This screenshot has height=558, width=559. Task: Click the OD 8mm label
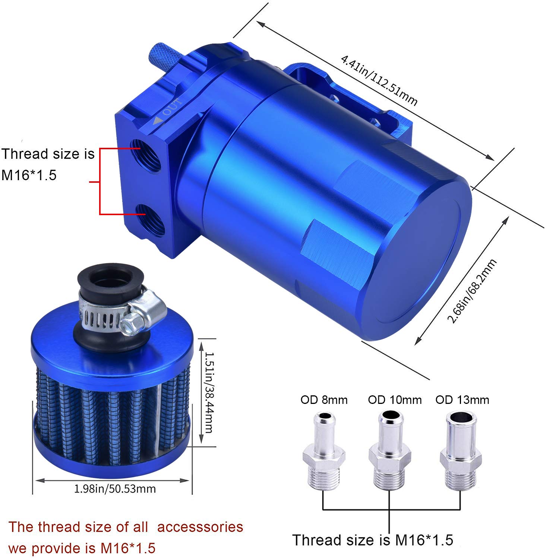[x=324, y=400]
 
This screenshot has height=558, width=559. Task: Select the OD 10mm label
[x=395, y=400]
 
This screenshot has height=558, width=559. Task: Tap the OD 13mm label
[x=462, y=400]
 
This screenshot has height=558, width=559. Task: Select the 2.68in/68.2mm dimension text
[x=472, y=291]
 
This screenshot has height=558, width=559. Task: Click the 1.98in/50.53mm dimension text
[x=115, y=488]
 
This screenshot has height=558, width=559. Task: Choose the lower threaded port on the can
[x=151, y=220]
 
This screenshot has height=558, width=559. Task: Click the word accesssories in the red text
[x=200, y=527]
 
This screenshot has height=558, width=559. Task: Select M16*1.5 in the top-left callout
[x=29, y=175]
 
